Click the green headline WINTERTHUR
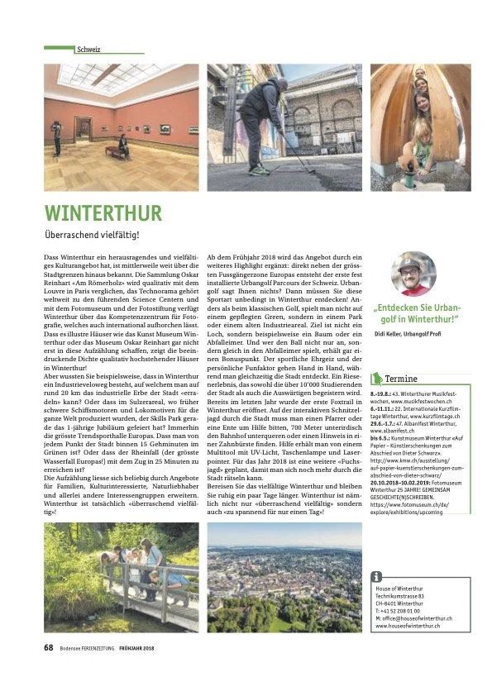(103, 214)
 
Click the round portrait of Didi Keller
(413, 274)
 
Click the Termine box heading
(401, 379)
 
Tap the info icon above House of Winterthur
(377, 576)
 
